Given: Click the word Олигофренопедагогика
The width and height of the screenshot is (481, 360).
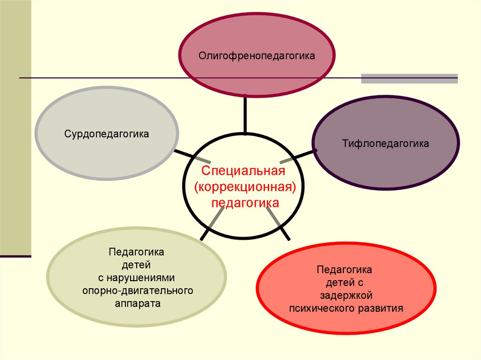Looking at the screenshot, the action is point(256,56).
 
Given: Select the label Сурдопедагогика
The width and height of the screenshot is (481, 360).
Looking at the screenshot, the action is point(107,134).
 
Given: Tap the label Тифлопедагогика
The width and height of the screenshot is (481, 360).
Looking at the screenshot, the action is point(385,144).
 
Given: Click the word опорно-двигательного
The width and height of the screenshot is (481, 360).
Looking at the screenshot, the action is point(137,291).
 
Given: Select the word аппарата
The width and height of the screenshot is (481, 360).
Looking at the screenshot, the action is point(137,304).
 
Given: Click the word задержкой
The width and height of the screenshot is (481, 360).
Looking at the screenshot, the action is point(346,296).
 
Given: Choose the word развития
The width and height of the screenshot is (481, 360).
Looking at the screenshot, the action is point(384,308).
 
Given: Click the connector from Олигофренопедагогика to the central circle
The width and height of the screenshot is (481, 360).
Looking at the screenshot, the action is point(245,114).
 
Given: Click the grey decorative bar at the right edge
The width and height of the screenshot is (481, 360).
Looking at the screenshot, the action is point(409,78).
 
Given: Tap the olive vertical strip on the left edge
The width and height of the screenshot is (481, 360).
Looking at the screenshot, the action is point(16,127).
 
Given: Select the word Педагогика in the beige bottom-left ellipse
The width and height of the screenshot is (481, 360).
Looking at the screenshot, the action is point(136,252).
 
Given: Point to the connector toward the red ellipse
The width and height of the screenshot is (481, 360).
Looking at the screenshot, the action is point(279,224).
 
